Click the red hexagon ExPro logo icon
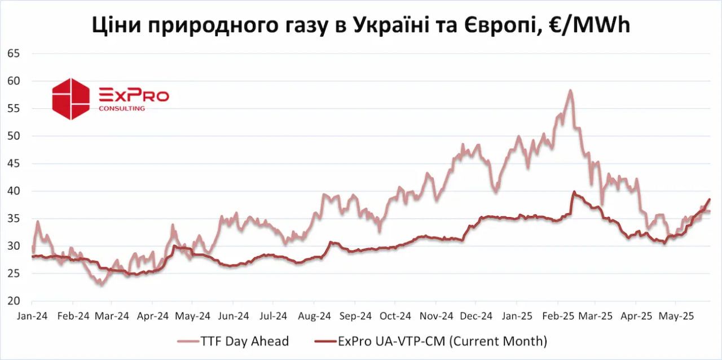coord(71,99)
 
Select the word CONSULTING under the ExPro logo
coord(122,108)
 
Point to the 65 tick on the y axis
coord(13,54)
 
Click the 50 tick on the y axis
coord(13,136)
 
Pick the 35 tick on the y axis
coord(13,218)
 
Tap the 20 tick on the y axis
coord(13,301)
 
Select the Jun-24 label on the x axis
coord(234,316)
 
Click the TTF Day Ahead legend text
coord(244,341)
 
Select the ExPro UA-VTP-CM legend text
coord(442,341)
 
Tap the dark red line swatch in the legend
coord(324,341)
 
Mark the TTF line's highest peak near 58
coord(570,90)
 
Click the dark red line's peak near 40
coord(574,192)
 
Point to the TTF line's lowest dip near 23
coord(101,284)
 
